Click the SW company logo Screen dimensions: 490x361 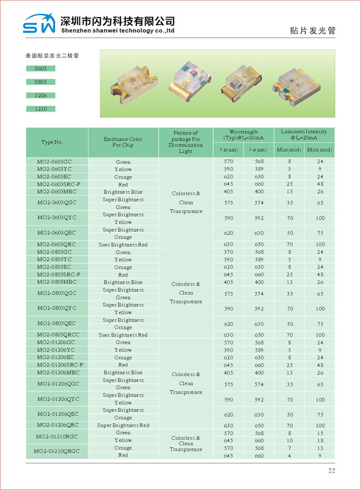(x=39, y=24)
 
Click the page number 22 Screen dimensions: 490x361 (x=331, y=471)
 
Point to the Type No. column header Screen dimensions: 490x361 (x=52, y=142)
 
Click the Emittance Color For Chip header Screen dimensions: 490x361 (x=123, y=142)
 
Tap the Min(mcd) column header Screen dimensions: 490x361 (x=289, y=150)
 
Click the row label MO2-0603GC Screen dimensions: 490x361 (x=54, y=162)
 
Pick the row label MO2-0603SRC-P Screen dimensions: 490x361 (x=59, y=184)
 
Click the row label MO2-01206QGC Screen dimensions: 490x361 (x=58, y=384)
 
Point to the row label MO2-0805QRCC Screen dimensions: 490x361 (x=59, y=335)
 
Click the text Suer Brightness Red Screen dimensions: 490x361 (x=123, y=244)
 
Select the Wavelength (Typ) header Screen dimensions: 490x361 (x=243, y=135)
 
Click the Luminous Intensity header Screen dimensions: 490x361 (x=304, y=135)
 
